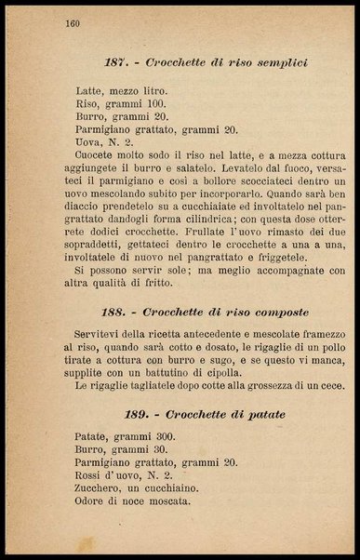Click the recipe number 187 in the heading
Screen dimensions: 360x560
116,62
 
